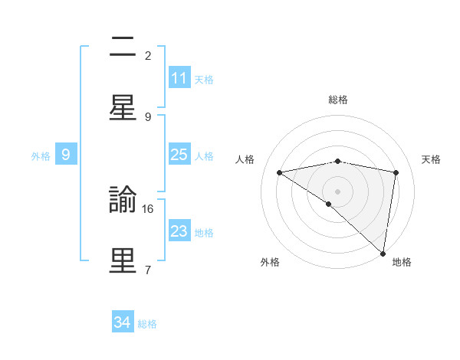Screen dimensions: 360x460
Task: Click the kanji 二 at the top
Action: (123, 48)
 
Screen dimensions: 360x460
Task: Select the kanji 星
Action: (123, 107)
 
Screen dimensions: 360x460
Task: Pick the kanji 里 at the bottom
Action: (123, 261)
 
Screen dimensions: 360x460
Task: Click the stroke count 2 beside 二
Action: (148, 55)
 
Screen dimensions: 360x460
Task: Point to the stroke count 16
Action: (149, 208)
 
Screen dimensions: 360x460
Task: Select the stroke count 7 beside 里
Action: (148, 269)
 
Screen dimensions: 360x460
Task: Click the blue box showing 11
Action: (179, 78)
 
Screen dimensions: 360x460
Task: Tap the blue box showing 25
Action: (179, 155)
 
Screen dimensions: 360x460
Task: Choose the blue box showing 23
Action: (179, 231)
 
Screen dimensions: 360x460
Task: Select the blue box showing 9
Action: (66, 155)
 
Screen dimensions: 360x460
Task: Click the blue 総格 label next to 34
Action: (147, 324)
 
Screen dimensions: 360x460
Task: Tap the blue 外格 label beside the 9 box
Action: (41, 155)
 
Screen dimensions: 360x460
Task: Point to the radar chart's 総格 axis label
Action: (338, 100)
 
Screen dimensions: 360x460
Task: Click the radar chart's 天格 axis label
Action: (432, 159)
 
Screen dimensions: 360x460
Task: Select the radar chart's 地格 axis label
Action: (402, 263)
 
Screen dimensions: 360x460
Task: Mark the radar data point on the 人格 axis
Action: (279, 172)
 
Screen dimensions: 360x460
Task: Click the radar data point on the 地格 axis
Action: (383, 253)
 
